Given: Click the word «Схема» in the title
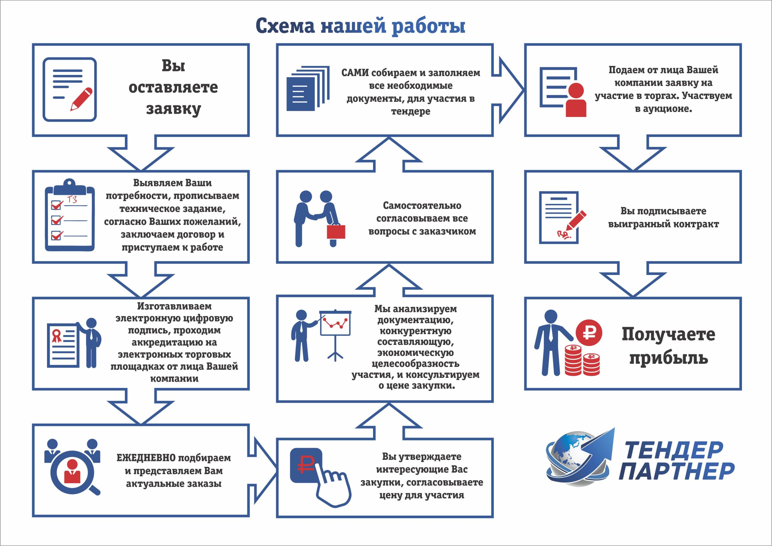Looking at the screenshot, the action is [285, 26].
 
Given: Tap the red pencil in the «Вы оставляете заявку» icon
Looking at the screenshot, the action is [81, 99].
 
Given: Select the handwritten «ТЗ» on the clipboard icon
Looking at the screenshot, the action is [72, 200].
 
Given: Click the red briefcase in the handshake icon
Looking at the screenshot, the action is [336, 232].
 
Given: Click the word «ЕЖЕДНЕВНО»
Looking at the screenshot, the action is [146, 458].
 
